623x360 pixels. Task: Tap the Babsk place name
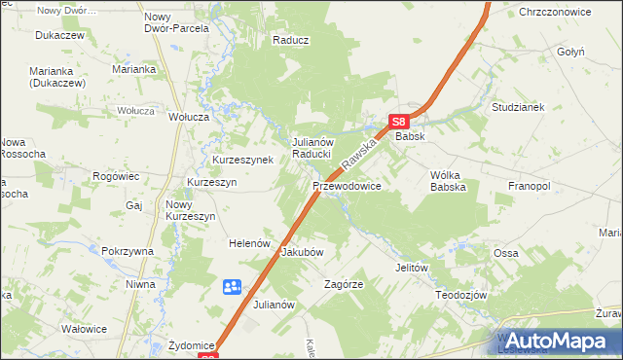coord(409,138)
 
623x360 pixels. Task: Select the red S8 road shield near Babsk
coord(398,122)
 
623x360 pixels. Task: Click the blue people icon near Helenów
coord(232,287)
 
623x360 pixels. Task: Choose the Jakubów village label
coord(302,251)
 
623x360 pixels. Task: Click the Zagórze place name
coord(344,285)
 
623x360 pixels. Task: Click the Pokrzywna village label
coord(128,251)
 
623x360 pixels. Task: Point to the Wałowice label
coord(84,329)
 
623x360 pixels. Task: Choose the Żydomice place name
coord(191,344)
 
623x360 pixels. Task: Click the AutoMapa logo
coord(558,341)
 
